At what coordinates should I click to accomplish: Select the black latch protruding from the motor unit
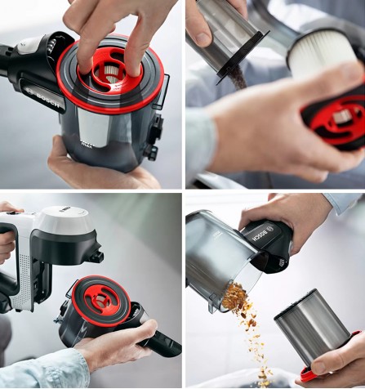pos(97,257)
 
